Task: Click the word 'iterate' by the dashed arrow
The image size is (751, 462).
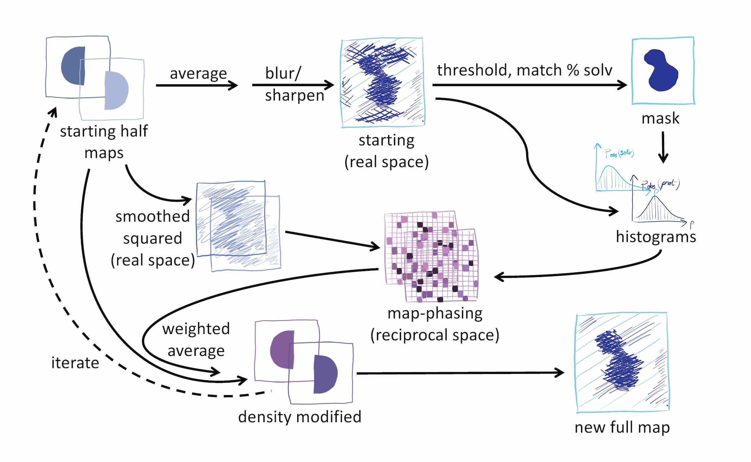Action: click(75, 363)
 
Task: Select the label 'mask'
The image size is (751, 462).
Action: click(660, 118)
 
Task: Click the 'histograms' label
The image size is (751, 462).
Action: click(656, 237)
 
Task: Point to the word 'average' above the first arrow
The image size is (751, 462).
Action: click(198, 74)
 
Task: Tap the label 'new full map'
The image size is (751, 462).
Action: click(622, 428)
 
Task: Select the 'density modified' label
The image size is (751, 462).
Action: click(300, 417)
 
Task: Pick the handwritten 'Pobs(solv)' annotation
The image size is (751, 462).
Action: click(619, 153)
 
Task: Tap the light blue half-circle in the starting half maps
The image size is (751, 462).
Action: click(116, 90)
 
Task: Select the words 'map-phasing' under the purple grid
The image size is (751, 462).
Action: click(435, 314)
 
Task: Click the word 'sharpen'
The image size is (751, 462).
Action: click(294, 95)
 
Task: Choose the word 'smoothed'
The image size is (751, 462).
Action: click(152, 216)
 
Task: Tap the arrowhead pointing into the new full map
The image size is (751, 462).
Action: click(559, 373)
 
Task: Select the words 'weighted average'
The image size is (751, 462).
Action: click(196, 340)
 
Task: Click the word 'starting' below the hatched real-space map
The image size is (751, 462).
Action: click(387, 140)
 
